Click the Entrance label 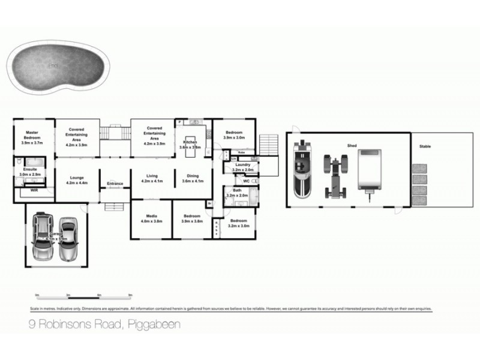[115, 183]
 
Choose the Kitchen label [190, 142]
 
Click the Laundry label [243, 165]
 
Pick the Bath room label [238, 190]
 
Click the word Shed [352, 146]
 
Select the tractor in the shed [335, 176]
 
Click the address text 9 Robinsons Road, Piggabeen [105, 325]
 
